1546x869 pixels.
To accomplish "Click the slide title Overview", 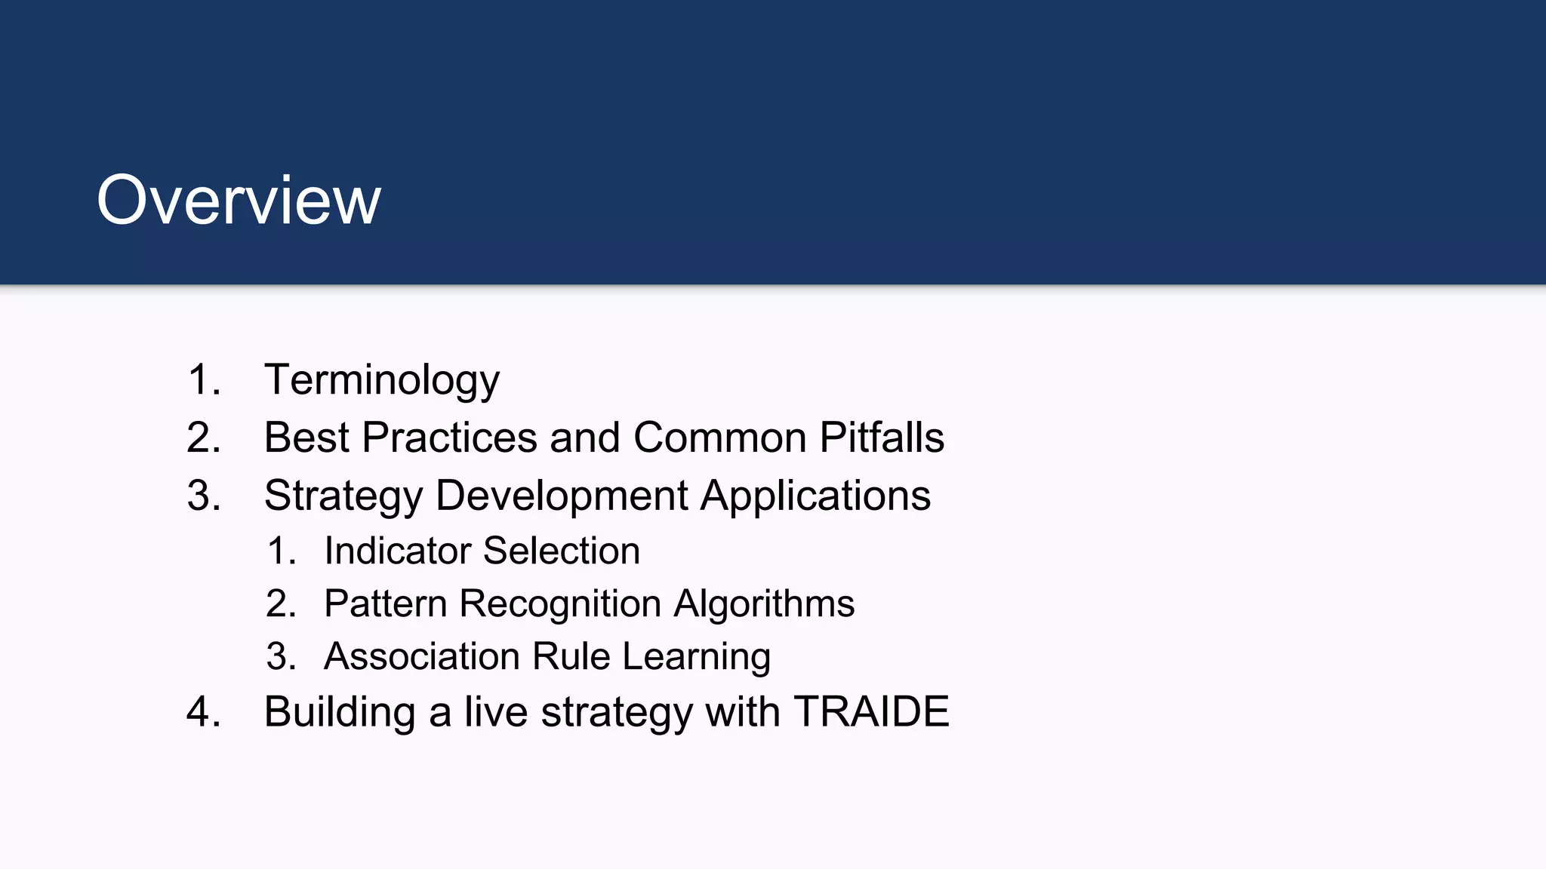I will pos(239,200).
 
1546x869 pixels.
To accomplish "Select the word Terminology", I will pos(381,379).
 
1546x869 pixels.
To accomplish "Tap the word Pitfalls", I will pos(882,438).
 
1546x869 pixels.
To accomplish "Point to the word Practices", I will pos(449,438).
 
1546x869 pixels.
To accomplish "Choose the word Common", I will pos(720,438).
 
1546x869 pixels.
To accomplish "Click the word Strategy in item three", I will pos(343,496).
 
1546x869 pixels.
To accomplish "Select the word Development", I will pos(562,496).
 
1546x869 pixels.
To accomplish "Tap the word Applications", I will pos(815,496).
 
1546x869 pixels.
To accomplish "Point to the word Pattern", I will pos(386,603).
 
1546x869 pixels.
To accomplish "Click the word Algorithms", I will pos(764,603).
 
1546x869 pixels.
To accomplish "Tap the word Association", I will pos(422,656).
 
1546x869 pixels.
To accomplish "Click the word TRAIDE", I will pos(871,711).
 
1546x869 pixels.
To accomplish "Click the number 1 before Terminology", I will pos(201,379).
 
